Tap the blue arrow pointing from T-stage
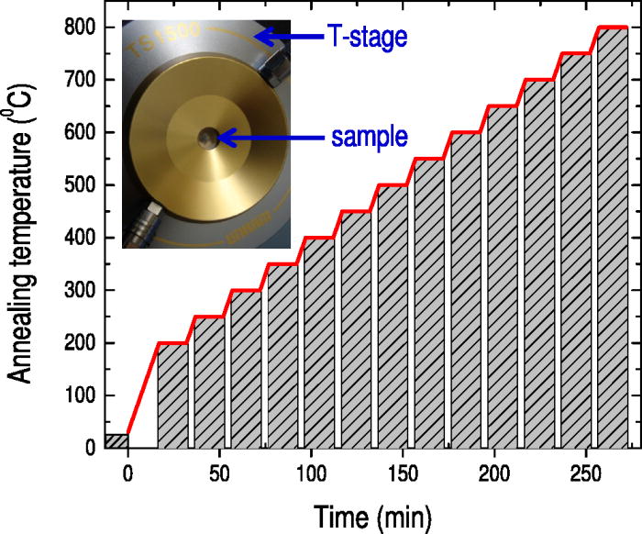tap(288, 38)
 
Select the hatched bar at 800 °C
tap(612, 239)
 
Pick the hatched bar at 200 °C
tap(172, 395)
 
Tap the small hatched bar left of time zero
tap(116, 440)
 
